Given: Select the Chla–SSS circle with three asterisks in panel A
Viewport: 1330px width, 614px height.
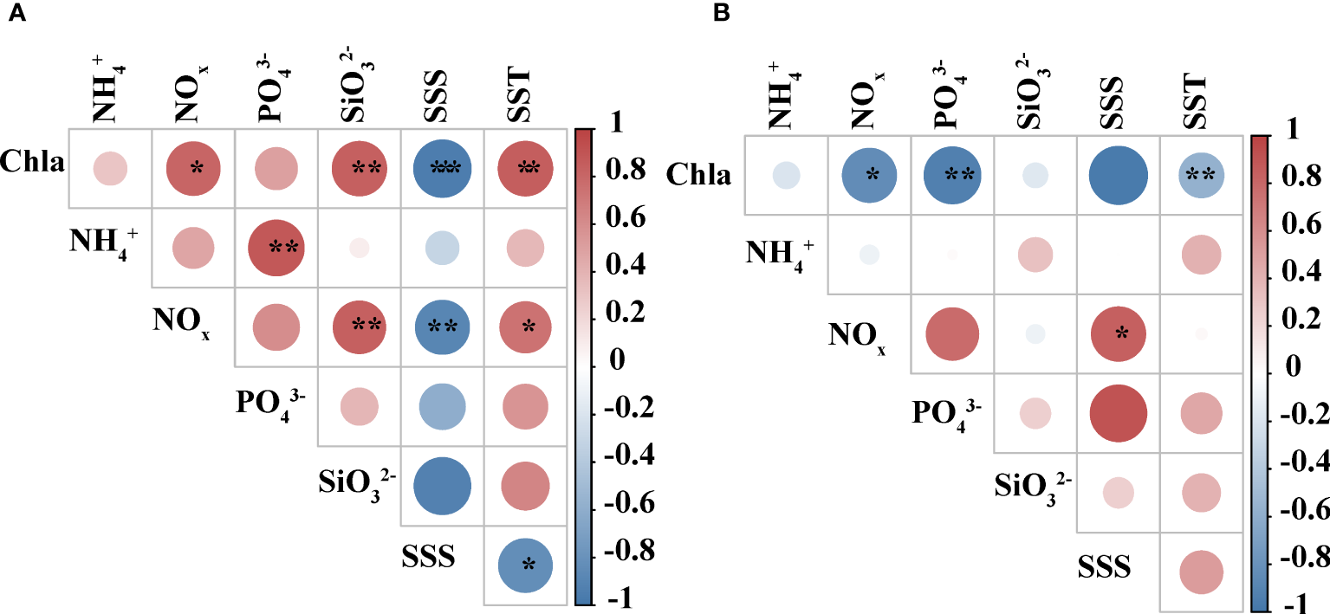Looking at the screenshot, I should click(x=442, y=169).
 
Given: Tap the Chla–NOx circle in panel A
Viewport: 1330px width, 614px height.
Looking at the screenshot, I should click(x=193, y=169).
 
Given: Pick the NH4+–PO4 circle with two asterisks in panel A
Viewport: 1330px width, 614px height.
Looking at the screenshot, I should click(x=276, y=248).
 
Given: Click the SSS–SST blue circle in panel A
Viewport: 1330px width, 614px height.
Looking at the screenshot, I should click(x=525, y=564).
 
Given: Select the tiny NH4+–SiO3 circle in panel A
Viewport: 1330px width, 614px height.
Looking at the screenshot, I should click(x=359, y=248).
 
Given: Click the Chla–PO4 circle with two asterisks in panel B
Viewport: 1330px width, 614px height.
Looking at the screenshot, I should click(x=951, y=176).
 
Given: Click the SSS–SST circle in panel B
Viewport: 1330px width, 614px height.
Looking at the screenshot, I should click(x=1201, y=572).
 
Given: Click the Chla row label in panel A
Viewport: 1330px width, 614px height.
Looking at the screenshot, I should click(x=32, y=161).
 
